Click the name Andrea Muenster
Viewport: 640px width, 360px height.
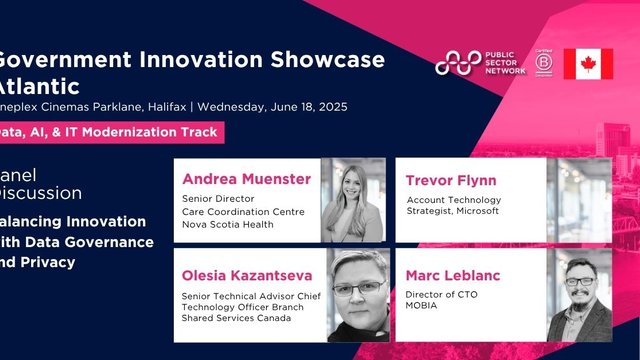coord(246,180)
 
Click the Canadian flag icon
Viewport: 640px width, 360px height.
coord(588,63)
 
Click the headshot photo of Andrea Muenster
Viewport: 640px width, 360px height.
coord(353,200)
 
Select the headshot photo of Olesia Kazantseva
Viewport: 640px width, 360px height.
coord(353,295)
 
